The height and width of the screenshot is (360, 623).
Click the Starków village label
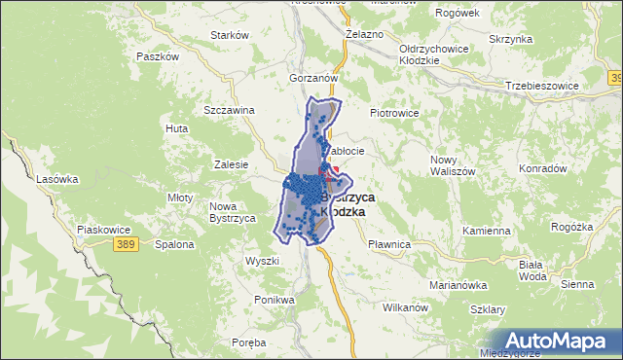point(231,35)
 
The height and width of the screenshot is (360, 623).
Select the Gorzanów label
point(312,77)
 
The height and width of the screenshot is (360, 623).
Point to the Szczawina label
point(229,109)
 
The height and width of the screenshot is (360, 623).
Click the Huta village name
point(177,128)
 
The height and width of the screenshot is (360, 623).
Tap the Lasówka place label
point(56,179)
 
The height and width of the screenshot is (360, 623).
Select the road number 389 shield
point(122,243)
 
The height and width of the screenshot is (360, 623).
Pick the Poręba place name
point(249,342)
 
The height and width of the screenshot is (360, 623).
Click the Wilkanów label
point(406,307)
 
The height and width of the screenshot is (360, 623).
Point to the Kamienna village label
point(487,232)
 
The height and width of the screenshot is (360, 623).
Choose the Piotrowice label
point(393,113)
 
